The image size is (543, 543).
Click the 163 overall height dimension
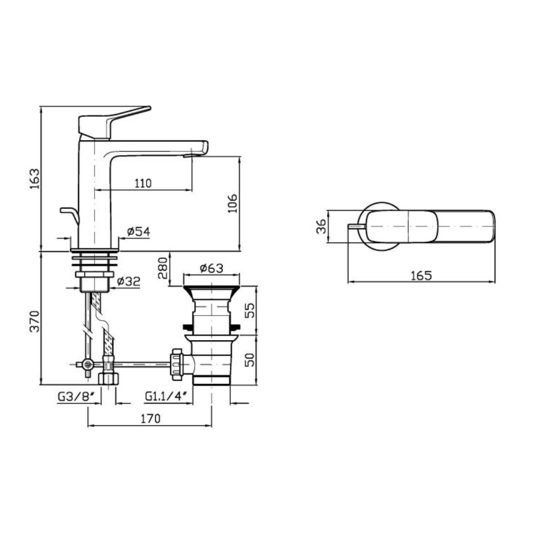click(x=35, y=179)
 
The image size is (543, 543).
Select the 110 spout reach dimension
click(x=143, y=183)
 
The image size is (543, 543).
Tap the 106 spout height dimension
click(x=232, y=203)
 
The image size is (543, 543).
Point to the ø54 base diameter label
click(x=139, y=232)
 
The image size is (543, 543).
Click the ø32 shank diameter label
click(x=129, y=281)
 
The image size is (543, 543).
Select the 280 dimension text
click(x=162, y=268)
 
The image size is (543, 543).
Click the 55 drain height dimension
click(x=249, y=310)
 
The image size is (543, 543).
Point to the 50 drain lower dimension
click(x=249, y=360)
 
